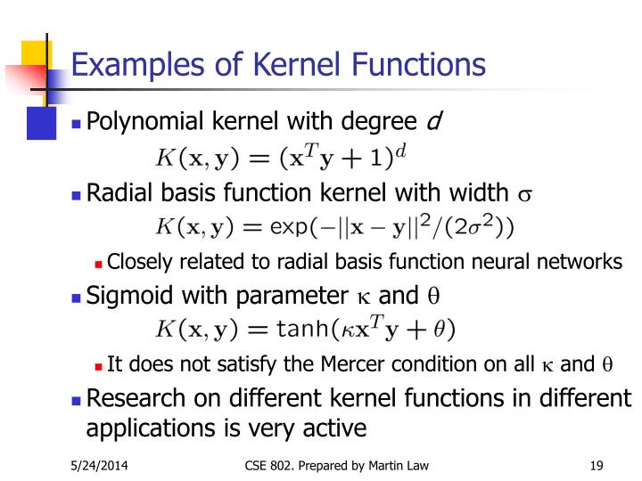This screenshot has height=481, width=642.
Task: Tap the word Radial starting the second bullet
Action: pos(115,195)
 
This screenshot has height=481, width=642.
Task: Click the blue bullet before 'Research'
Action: pos(77,399)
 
